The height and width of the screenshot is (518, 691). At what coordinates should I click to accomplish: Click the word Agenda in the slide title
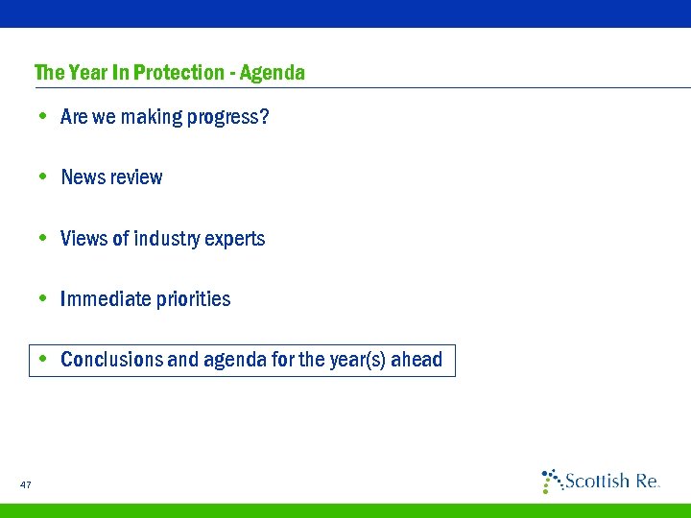pyautogui.click(x=273, y=73)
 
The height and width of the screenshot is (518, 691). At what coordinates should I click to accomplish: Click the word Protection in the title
pyautogui.click(x=179, y=73)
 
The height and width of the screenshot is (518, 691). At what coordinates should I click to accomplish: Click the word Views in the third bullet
pyautogui.click(x=83, y=239)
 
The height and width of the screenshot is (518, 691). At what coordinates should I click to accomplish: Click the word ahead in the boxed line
pyautogui.click(x=422, y=361)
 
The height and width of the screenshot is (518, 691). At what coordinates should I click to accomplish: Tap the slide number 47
pyautogui.click(x=25, y=485)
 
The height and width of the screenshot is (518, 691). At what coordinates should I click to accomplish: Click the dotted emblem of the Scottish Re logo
pyautogui.click(x=552, y=480)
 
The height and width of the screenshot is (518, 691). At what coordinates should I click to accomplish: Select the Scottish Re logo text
pyautogui.click(x=611, y=482)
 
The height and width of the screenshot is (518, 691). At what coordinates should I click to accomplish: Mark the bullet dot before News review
pyautogui.click(x=43, y=177)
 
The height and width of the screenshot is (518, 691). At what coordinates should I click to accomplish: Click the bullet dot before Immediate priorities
pyautogui.click(x=43, y=299)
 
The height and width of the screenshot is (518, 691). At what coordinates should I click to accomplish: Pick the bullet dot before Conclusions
pyautogui.click(x=43, y=361)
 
